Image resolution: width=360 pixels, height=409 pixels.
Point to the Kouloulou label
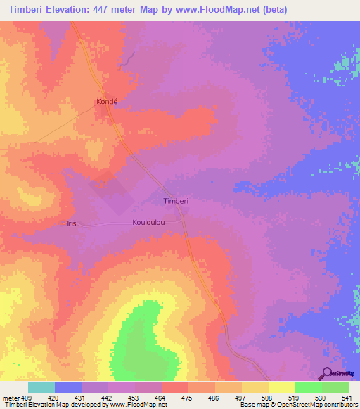pos(148,223)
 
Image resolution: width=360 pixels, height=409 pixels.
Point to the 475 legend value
pos(174,397)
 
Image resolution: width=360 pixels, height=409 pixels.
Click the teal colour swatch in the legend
pos(41,387)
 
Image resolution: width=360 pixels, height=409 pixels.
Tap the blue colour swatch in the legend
pos(67,387)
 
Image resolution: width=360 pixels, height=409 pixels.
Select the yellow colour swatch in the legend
pos(281,387)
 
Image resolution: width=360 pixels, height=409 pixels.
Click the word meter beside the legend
pos(10,397)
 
